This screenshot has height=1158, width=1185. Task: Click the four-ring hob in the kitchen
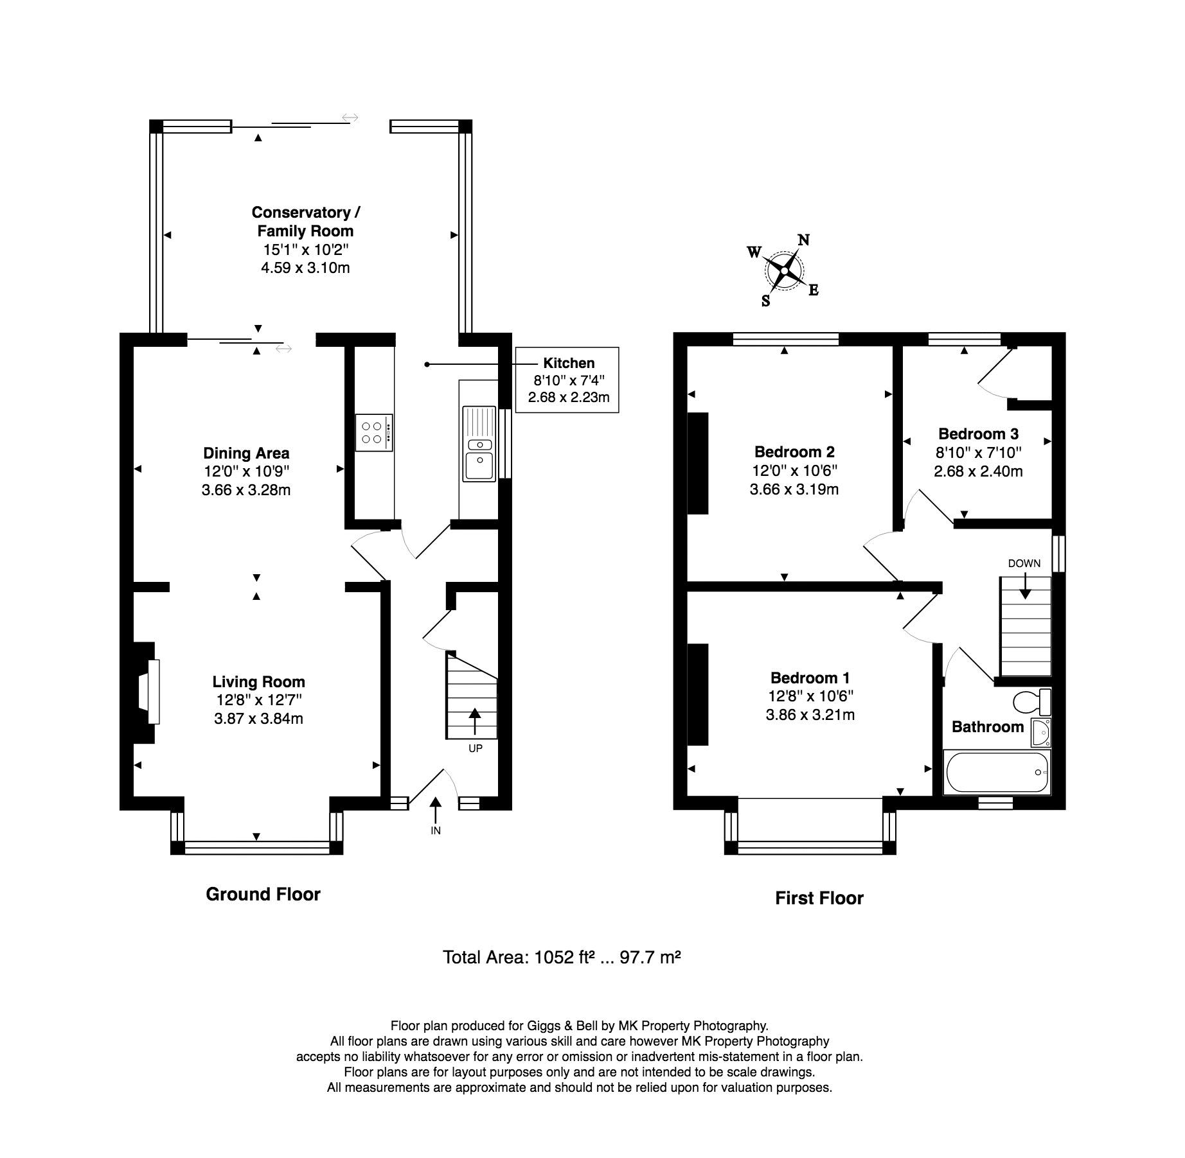374,432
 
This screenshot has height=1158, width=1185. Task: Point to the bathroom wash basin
1040,733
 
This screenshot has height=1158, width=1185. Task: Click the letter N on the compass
803,240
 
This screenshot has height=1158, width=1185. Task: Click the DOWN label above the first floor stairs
1024,563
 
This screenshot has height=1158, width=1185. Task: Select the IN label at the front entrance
436,830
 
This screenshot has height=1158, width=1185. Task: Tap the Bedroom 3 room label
978,434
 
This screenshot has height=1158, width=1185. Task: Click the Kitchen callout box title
569,363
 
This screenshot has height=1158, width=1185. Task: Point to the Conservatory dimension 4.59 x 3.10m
305,268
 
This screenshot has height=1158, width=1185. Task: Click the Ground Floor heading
263,894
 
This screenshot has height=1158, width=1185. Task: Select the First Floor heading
819,898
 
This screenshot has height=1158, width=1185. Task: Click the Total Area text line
561,958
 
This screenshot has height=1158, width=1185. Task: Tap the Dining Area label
246,453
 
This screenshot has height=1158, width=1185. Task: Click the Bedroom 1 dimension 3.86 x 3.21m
810,714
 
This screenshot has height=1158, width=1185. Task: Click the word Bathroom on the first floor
987,726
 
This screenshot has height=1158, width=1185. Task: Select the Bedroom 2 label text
794,452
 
